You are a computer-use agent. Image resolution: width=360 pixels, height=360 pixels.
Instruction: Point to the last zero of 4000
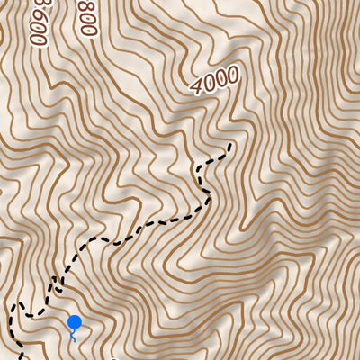coord(231,74)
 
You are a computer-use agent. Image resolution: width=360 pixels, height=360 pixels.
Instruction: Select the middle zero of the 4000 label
coord(221,78)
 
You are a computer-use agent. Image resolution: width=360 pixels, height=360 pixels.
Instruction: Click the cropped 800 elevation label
coord(86,15)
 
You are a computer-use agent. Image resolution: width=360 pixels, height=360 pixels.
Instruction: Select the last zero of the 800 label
coord(87,29)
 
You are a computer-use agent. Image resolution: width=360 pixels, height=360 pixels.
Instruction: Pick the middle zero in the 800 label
coord(86,16)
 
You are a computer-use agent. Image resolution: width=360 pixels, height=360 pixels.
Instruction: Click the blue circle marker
coord(75,321)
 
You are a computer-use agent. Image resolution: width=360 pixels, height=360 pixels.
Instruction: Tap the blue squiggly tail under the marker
coord(73,336)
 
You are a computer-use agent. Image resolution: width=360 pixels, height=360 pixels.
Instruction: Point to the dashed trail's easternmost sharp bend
coord(210,195)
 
